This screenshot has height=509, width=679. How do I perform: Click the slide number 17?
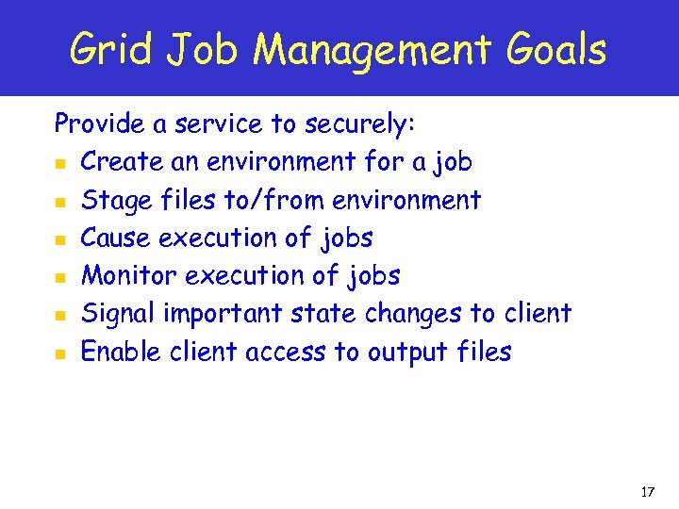pyautogui.click(x=647, y=492)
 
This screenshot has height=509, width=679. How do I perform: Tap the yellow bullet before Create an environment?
pyautogui.click(x=59, y=163)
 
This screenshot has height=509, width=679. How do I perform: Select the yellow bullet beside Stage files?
pyautogui.click(x=59, y=202)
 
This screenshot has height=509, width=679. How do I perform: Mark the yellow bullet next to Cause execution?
pyautogui.click(x=59, y=239)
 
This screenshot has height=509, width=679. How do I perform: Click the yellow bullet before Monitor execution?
pyautogui.click(x=59, y=277)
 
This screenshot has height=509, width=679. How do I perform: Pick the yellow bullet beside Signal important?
pyautogui.click(x=59, y=315)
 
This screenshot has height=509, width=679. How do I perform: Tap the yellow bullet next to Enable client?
pyautogui.click(x=59, y=353)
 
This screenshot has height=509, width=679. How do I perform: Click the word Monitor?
pyautogui.click(x=129, y=276)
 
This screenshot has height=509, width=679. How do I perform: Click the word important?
pyautogui.click(x=222, y=314)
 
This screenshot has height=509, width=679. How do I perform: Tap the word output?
pyautogui.click(x=414, y=353)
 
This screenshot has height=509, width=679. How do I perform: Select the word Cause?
pyautogui.click(x=116, y=238)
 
